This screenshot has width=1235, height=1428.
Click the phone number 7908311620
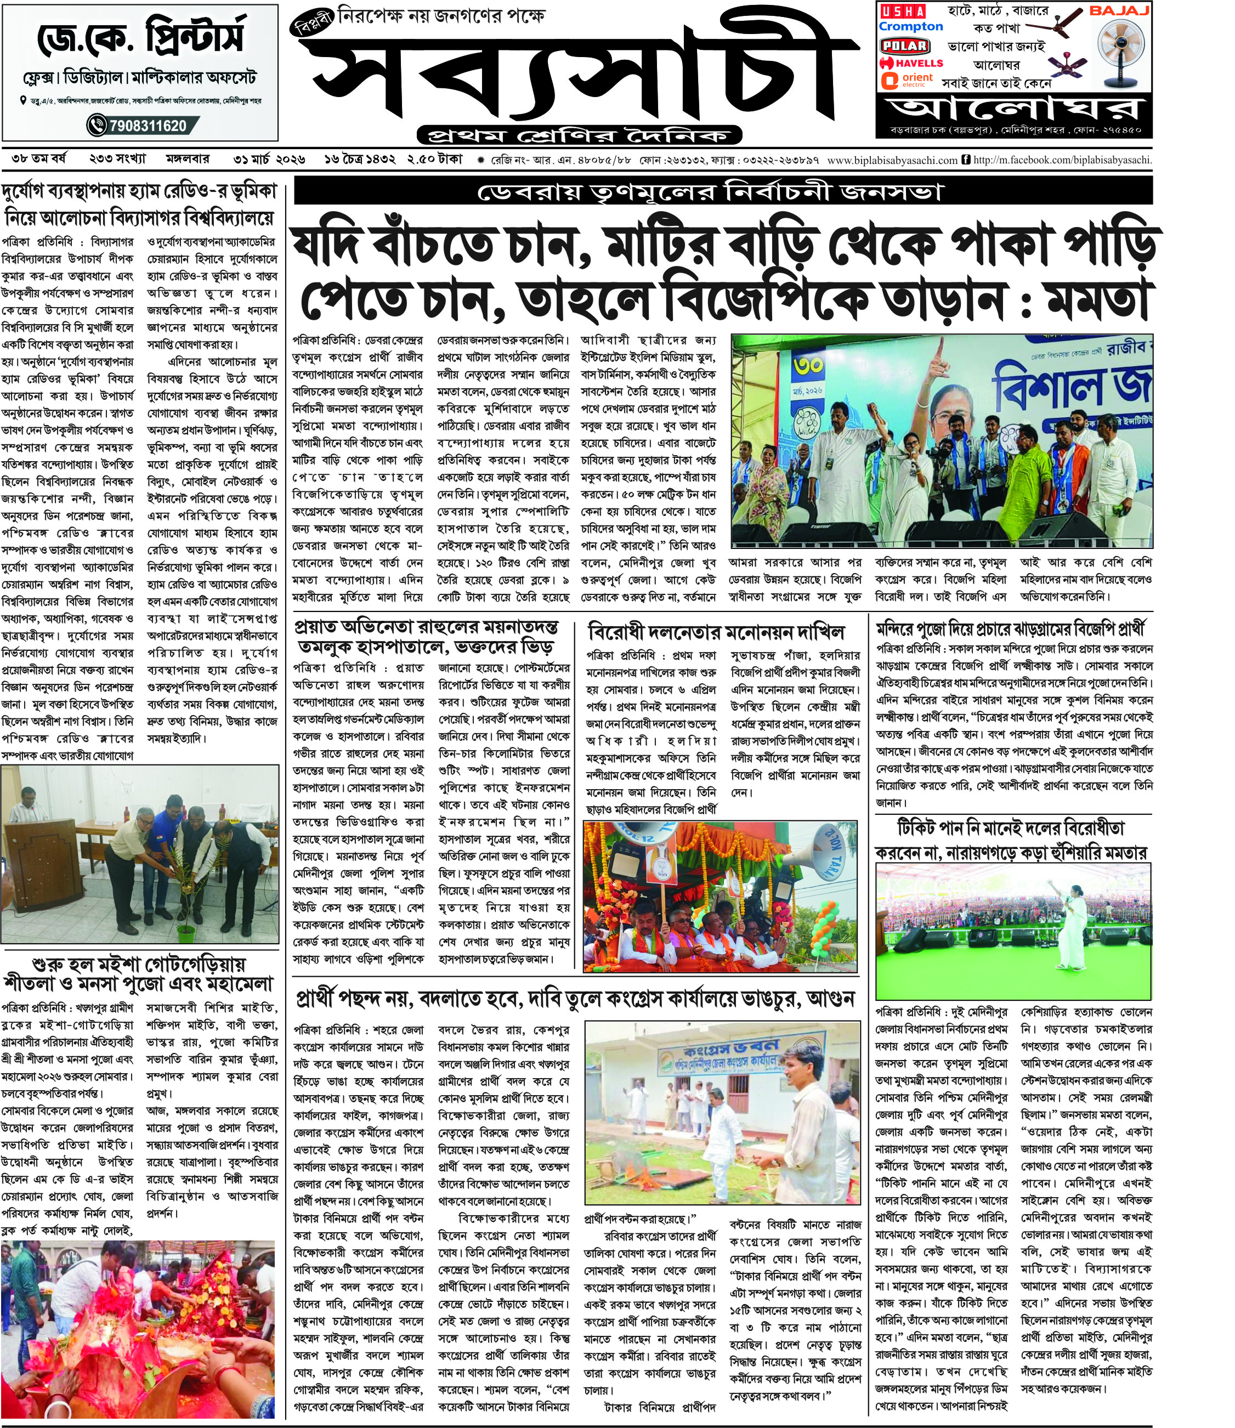145,126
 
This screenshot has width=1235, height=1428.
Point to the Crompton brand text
910,27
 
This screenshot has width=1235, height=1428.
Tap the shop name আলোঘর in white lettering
1015,108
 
